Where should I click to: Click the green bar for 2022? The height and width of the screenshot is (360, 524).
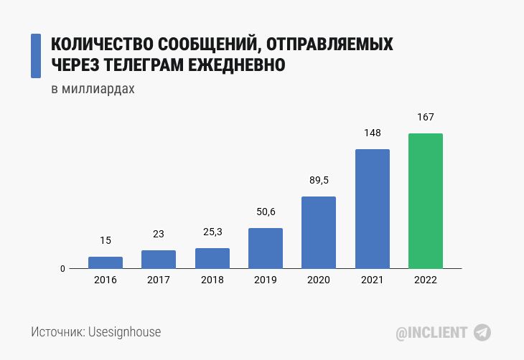click(x=425, y=201)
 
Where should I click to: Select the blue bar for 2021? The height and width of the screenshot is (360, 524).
click(x=372, y=209)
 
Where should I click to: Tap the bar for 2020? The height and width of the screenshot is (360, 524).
click(x=319, y=232)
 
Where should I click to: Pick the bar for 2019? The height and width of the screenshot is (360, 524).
click(x=266, y=248)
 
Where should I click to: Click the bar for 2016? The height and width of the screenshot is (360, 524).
click(x=106, y=262)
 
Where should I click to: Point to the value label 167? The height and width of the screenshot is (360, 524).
click(x=426, y=117)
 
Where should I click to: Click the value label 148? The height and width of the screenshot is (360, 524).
click(x=372, y=133)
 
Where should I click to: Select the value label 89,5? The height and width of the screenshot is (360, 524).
click(x=319, y=180)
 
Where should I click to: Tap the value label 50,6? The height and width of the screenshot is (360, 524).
click(x=266, y=212)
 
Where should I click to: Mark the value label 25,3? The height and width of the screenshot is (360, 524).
click(x=212, y=232)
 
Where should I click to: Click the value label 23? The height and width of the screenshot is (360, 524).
click(x=159, y=234)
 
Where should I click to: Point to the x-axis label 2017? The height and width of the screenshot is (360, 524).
click(x=159, y=280)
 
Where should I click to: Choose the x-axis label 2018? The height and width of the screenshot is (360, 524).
click(x=212, y=280)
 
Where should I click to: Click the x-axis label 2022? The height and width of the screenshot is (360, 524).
click(x=426, y=280)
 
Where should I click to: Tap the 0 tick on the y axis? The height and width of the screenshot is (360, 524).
click(x=62, y=269)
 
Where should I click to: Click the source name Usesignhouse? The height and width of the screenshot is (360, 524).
click(x=124, y=332)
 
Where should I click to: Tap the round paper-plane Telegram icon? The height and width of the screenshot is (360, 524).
click(x=482, y=332)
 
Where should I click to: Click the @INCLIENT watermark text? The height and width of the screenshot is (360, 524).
click(x=432, y=333)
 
